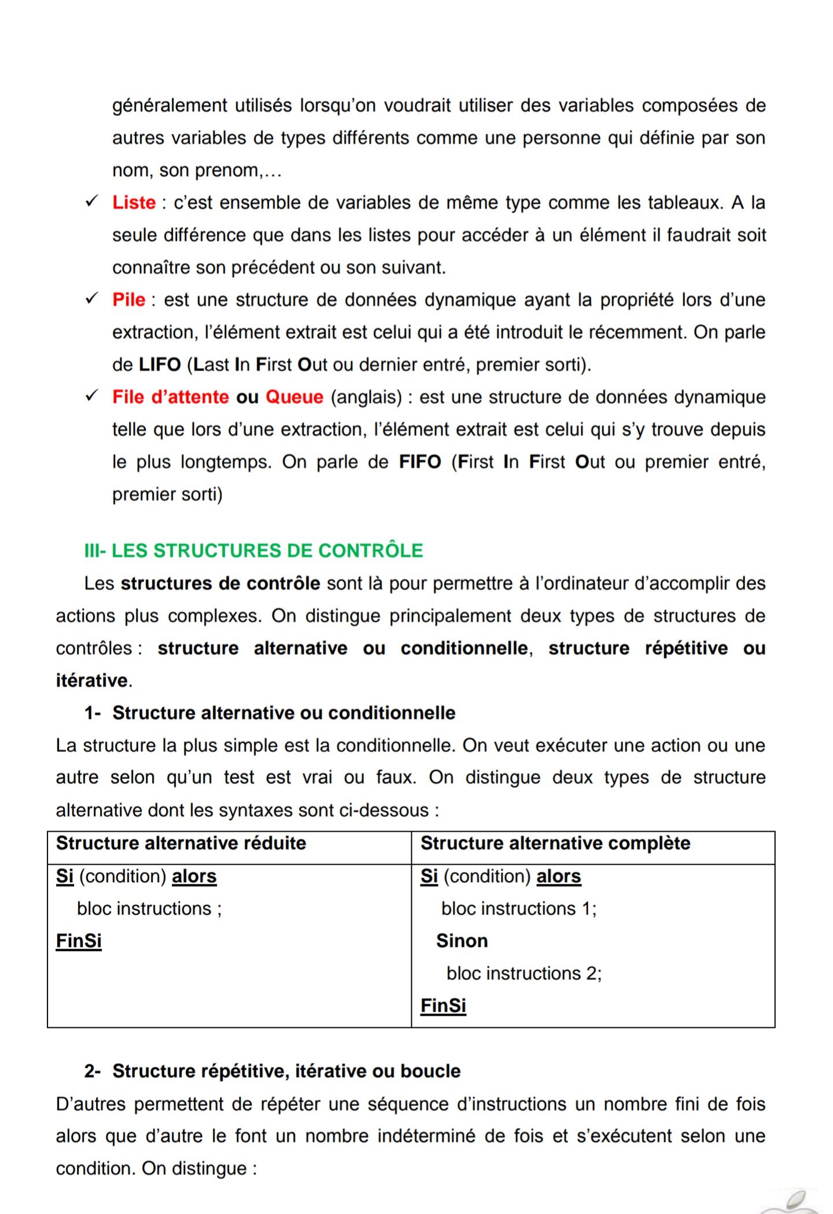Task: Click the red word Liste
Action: coord(134,202)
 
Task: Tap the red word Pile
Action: coord(128,300)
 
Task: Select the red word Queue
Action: coord(294,397)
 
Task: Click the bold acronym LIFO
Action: coord(160,364)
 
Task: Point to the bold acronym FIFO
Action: coord(420,462)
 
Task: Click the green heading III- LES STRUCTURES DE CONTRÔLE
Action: coord(253,550)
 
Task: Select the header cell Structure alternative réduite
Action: coord(181,843)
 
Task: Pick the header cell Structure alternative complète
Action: coord(555,843)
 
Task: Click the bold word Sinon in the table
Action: coord(462,941)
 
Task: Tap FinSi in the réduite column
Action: coord(79,941)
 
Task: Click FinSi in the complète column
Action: coord(443,1006)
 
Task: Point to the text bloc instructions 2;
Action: coord(524,973)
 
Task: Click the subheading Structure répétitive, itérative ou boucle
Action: coord(286,1071)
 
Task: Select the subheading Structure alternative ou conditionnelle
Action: coord(283,713)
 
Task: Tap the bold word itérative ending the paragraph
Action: coord(91,680)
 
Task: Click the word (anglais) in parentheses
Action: coord(366,397)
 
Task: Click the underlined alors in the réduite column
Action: coord(194,876)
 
